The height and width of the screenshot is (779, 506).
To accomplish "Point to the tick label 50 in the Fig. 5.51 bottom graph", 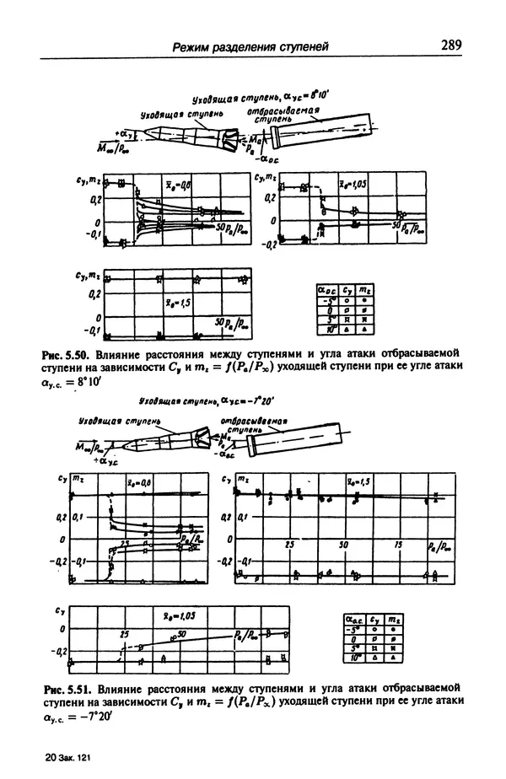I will coord(182,632).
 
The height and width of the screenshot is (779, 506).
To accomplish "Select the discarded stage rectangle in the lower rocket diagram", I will coord(304,438).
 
